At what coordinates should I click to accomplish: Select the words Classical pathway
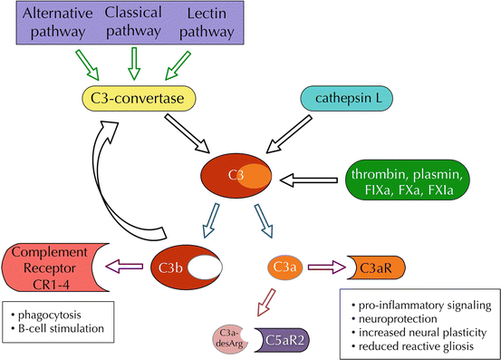click(137, 24)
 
